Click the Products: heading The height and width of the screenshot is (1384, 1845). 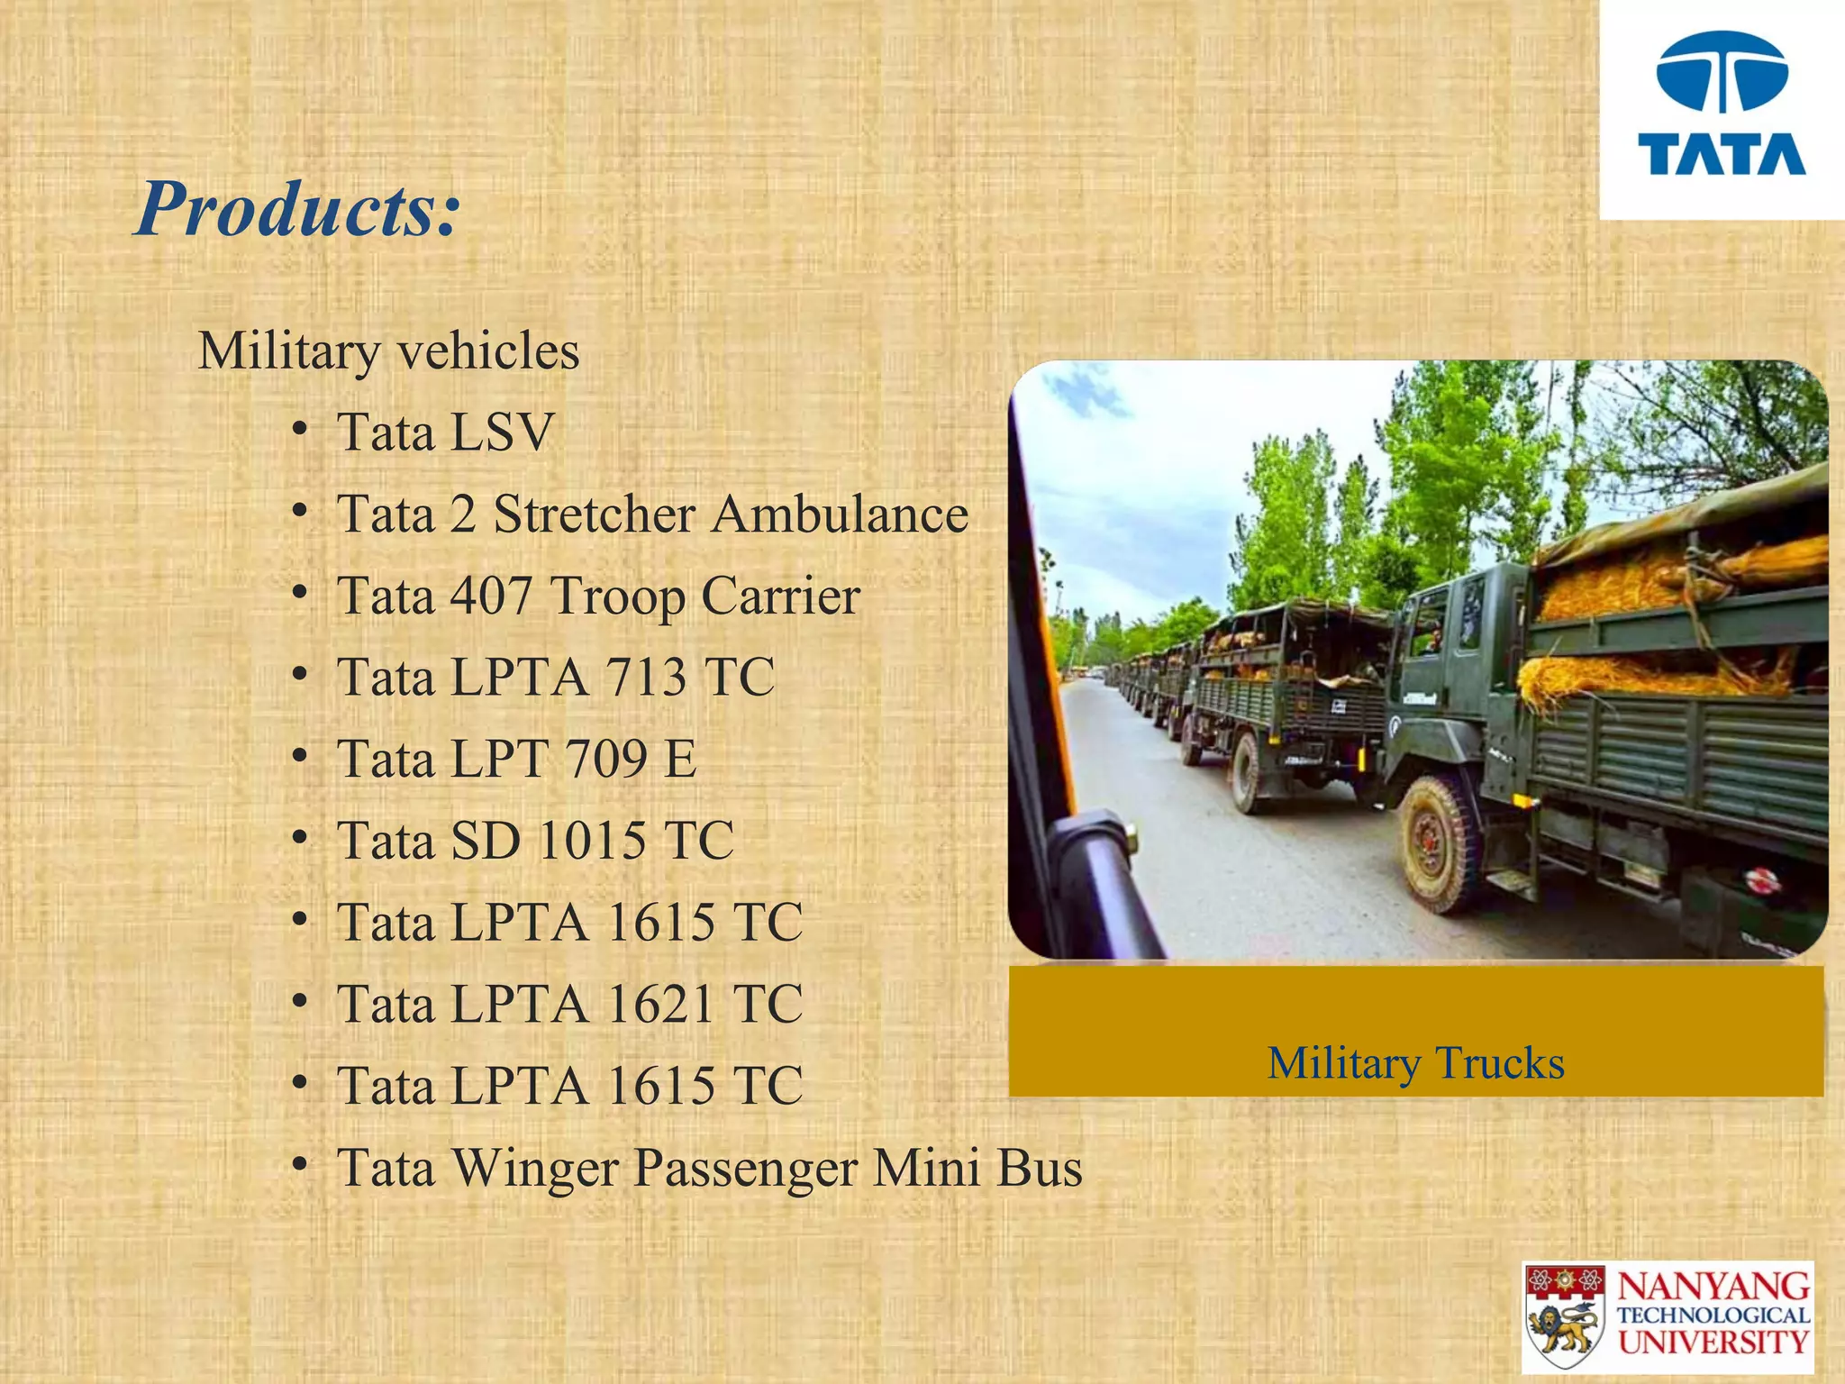tap(297, 209)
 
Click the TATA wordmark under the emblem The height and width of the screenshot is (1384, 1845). tap(1722, 155)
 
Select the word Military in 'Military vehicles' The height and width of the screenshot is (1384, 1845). tap(288, 351)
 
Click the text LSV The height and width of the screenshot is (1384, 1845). tap(501, 432)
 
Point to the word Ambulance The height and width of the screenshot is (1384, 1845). tap(840, 514)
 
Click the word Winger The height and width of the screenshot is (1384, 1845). tap(535, 1169)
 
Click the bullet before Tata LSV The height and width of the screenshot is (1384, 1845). tap(300, 431)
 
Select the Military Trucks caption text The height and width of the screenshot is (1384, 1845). tap(1415, 1063)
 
